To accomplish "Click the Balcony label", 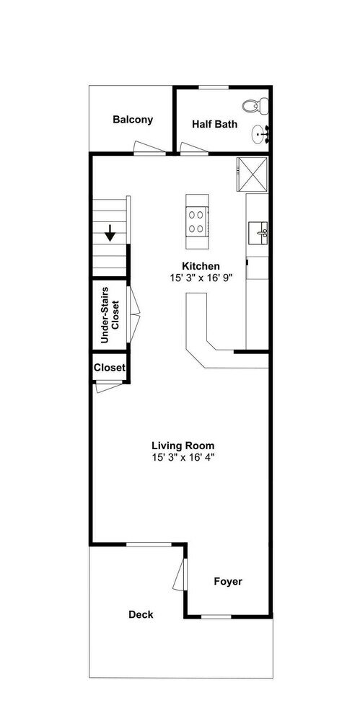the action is click(133, 120).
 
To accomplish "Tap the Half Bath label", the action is click(214, 124).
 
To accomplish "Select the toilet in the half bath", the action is click(255, 106).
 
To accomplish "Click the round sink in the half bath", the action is click(260, 135).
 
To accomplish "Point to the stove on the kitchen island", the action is click(197, 221).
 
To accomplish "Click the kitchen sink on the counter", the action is click(258, 233).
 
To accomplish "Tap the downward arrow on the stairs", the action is click(110, 233).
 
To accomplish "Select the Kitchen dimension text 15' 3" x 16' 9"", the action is click(201, 278).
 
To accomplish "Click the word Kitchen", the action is click(201, 266).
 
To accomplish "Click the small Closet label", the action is click(110, 368).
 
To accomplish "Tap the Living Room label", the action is click(183, 446).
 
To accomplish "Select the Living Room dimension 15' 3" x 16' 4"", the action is click(183, 458).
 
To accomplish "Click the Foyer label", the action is click(228, 582).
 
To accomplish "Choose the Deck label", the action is click(141, 615).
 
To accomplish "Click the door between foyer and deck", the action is click(180, 574).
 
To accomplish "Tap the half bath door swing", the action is click(194, 148).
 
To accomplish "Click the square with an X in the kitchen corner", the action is click(252, 173).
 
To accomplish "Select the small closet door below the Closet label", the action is click(109, 387).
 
